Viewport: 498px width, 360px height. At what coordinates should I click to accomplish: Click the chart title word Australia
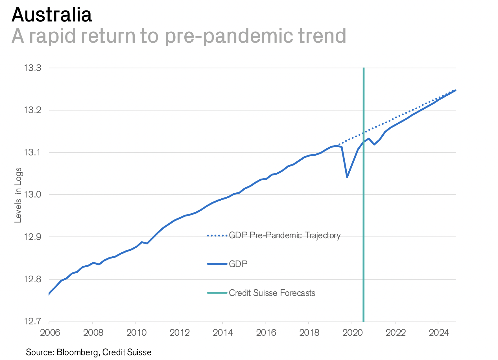coord(52,15)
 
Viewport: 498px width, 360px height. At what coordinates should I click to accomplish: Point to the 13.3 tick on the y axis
coord(32,68)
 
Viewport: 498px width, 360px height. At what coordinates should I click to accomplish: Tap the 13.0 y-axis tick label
coord(32,195)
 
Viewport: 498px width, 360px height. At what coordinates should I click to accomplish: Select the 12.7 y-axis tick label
coord(32,322)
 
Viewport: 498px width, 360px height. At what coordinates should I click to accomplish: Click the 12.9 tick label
coord(32,237)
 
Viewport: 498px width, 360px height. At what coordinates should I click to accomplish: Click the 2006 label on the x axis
coord(50,333)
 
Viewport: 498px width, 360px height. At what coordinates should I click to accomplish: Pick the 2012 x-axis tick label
coord(179,333)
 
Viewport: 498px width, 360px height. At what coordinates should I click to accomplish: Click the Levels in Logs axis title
coord(18,195)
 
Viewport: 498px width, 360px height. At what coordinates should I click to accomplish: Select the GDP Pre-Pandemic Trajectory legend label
coord(285,235)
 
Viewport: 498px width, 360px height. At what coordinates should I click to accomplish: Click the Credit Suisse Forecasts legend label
coord(272,293)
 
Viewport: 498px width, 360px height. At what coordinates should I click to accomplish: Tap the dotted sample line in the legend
coord(217,235)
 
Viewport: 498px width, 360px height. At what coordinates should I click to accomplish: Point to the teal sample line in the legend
coord(217,293)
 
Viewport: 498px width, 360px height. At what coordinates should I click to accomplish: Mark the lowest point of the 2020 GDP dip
coord(347,177)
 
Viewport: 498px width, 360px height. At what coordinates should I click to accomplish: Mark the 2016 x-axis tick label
coord(266,333)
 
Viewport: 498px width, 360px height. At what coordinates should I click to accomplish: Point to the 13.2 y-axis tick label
coord(32,110)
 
